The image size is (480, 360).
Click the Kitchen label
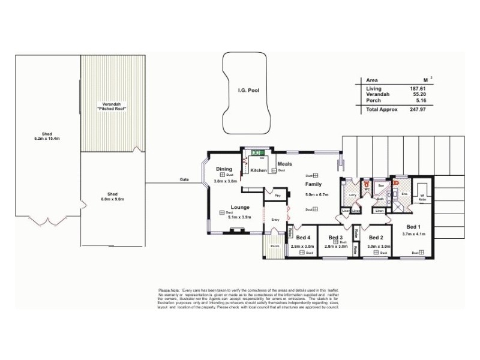click(259, 170)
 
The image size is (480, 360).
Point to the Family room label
click(314, 184)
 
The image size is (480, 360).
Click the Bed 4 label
click(302, 236)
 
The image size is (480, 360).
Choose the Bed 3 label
click(335, 236)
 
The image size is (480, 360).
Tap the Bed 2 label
click(376, 236)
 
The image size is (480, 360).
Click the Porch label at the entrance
click(274, 246)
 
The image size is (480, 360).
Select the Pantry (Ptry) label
click(277, 196)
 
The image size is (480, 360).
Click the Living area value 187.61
click(418, 89)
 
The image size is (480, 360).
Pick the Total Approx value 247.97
click(418, 110)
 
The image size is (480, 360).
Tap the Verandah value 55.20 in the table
click(418, 95)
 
